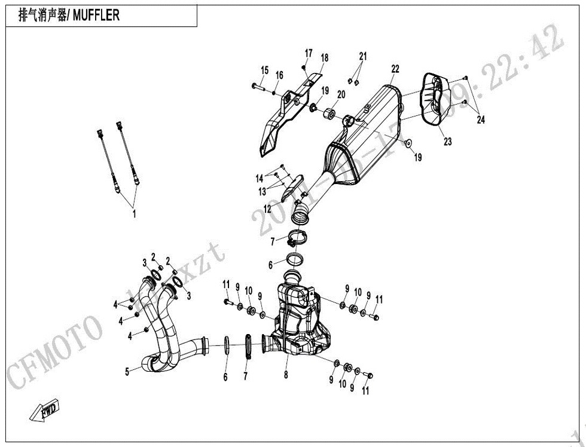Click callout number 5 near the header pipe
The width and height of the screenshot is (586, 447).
127,372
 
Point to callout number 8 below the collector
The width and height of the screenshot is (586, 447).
286,375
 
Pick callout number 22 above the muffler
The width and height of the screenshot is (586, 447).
395,69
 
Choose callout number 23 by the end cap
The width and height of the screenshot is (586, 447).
448,142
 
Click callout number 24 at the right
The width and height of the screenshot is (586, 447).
481,120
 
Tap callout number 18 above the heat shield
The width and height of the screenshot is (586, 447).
325,58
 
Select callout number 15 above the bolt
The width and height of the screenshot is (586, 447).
264,70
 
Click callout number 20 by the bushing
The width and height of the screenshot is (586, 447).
341,94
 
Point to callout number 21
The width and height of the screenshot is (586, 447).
362,56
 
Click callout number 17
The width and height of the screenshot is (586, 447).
309,53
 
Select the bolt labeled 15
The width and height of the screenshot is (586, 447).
257,88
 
